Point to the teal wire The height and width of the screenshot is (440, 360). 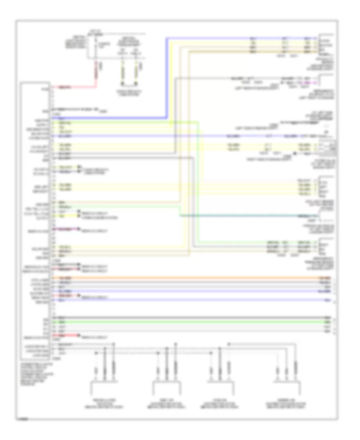pos(248,216)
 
